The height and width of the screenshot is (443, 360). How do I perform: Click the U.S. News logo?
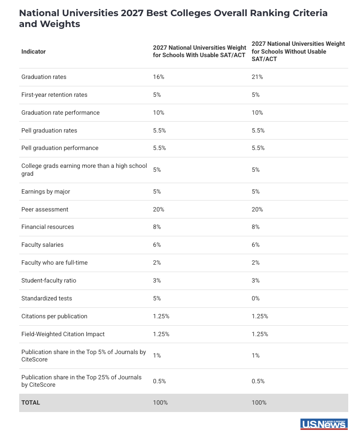click(x=324, y=424)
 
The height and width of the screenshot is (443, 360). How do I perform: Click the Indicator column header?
click(x=33, y=51)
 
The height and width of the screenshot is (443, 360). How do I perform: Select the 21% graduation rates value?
click(x=257, y=77)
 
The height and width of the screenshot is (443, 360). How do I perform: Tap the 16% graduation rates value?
click(x=158, y=77)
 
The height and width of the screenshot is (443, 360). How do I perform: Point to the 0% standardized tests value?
click(x=255, y=298)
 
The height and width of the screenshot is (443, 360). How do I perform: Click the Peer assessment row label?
click(x=44, y=209)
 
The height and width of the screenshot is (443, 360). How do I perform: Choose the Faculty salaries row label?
click(x=42, y=245)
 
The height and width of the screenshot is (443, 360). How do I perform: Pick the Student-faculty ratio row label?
click(x=48, y=280)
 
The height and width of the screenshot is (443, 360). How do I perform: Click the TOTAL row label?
click(x=31, y=402)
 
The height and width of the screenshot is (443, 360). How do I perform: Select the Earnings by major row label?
click(x=45, y=191)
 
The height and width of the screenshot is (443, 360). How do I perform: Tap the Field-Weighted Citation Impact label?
click(x=63, y=334)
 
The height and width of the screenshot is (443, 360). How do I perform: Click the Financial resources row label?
click(x=48, y=227)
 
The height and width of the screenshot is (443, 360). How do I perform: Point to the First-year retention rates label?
click(x=54, y=95)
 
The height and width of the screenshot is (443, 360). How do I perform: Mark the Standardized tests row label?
click(x=47, y=298)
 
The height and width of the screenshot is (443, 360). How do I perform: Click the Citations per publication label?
click(x=54, y=316)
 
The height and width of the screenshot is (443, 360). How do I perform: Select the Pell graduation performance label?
click(x=60, y=148)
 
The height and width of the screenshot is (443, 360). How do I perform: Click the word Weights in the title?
click(x=60, y=24)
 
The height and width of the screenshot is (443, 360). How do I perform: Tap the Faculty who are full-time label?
click(x=54, y=262)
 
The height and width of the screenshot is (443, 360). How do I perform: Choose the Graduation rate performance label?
click(x=61, y=113)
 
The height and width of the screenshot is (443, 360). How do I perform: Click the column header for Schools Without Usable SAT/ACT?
click(x=298, y=51)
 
